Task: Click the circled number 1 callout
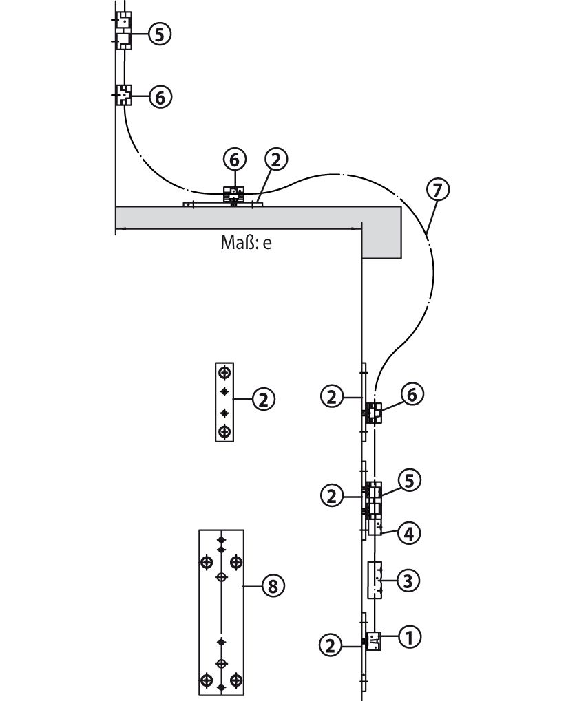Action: tap(410, 636)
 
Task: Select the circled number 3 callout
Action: tap(408, 581)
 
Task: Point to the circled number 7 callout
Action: tap(438, 190)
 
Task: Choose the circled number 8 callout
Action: tap(273, 585)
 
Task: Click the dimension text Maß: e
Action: tap(246, 242)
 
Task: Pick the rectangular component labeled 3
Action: tap(375, 580)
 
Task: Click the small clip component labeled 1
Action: tap(374, 640)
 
